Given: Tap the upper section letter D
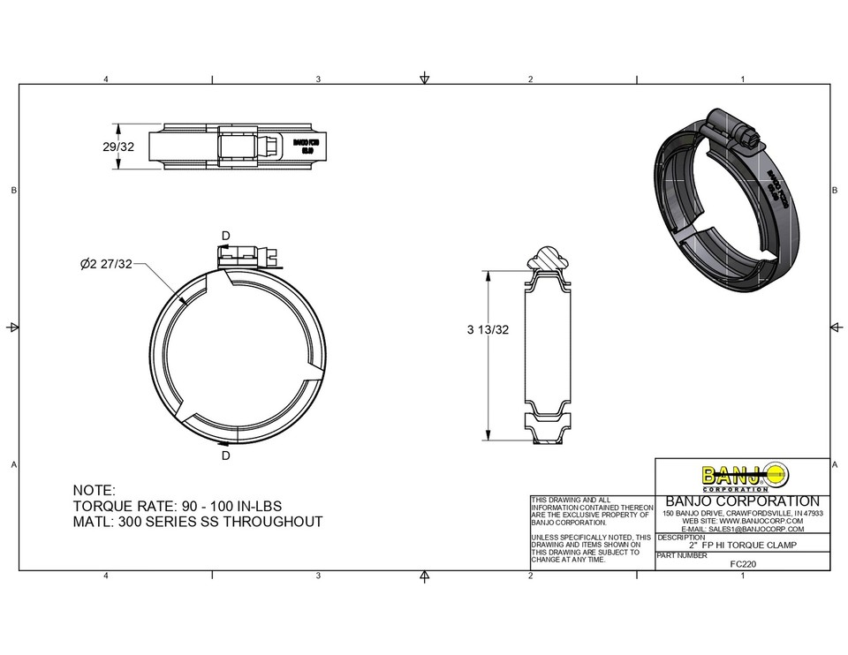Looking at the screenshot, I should (x=225, y=236).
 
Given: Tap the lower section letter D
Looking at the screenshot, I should (x=225, y=455).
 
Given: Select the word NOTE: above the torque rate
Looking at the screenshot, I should (x=93, y=490).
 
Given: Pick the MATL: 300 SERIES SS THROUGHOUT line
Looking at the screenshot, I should (x=197, y=522).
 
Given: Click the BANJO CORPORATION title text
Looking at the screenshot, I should (x=741, y=501).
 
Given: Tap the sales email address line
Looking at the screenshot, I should (x=742, y=529).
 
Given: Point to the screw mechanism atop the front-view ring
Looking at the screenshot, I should (x=247, y=257).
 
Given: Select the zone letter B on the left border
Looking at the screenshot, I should (x=12, y=190).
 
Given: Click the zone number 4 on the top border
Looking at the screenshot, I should (x=106, y=79).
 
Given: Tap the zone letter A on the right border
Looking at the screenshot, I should (x=835, y=465).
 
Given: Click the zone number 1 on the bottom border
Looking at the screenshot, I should (x=744, y=576).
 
